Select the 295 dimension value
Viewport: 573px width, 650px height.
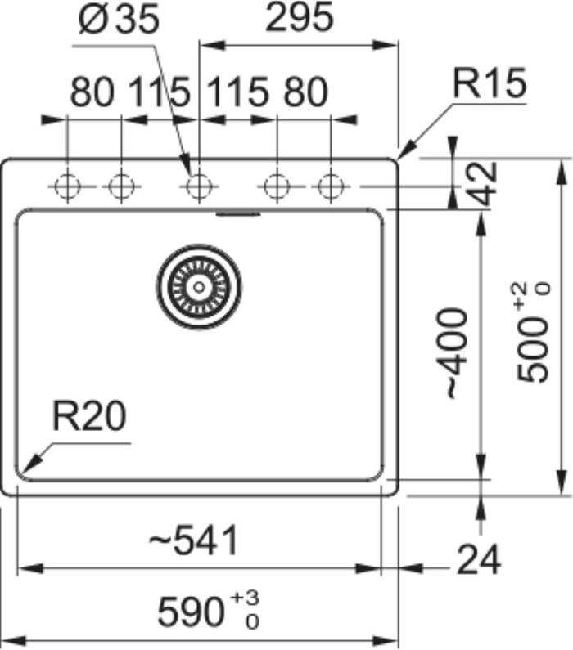(x=300, y=18)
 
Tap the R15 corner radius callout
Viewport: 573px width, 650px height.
(x=490, y=84)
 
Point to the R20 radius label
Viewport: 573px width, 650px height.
(x=89, y=418)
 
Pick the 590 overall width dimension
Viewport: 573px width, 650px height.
(x=191, y=611)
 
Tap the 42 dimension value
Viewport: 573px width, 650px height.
(x=484, y=183)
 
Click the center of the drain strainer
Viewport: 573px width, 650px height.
(x=199, y=285)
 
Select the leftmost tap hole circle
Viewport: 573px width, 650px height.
(x=66, y=186)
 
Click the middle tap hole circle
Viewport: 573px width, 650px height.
(x=197, y=186)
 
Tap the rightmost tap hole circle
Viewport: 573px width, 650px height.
(x=330, y=186)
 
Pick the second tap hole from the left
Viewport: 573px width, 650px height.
(x=120, y=186)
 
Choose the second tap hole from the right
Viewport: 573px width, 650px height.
(x=277, y=186)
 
